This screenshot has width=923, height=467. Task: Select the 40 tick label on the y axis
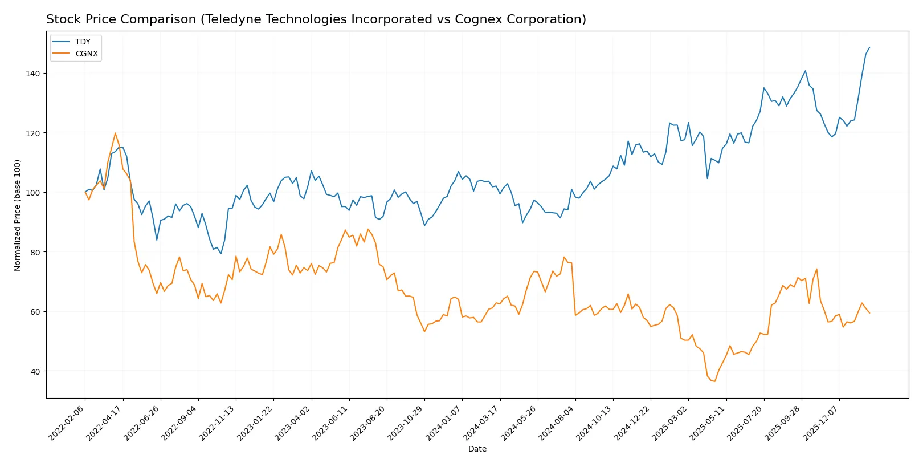coord(34,371)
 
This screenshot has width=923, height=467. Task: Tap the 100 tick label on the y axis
coord(32,193)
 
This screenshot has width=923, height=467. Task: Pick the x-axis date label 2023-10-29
coord(406,423)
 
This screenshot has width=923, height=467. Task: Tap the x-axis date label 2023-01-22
coord(256,423)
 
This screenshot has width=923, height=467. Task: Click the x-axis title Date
coord(477,449)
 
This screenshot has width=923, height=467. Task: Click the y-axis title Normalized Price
coord(18,215)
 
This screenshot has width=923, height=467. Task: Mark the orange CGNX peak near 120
coord(115,133)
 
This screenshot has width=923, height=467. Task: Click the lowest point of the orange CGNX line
coord(714,381)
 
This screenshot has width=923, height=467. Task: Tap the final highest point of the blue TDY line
coord(869,47)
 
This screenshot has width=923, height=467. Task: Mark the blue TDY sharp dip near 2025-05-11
coord(708,178)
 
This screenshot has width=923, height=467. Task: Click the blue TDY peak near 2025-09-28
coord(805,71)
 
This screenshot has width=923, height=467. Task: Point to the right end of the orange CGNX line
coord(869,313)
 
